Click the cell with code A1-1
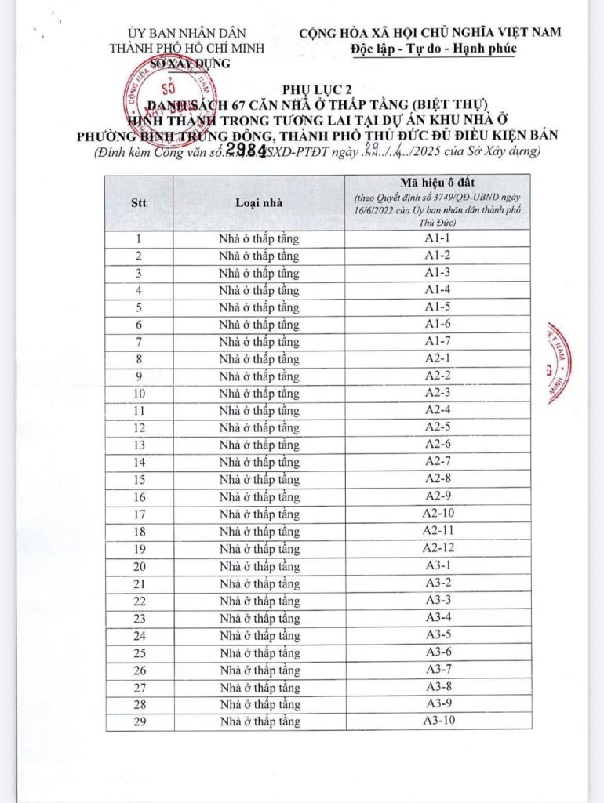click(437, 238)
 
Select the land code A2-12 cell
click(437, 548)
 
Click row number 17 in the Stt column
click(140, 514)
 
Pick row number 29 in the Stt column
click(140, 721)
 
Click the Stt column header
click(140, 202)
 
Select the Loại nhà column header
click(259, 202)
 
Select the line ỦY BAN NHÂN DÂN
click(188, 33)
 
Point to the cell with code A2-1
click(437, 358)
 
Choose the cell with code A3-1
click(438, 565)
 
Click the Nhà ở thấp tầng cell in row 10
click(259, 393)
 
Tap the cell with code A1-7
click(437, 341)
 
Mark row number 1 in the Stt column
click(140, 238)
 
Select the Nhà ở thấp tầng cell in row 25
click(259, 652)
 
